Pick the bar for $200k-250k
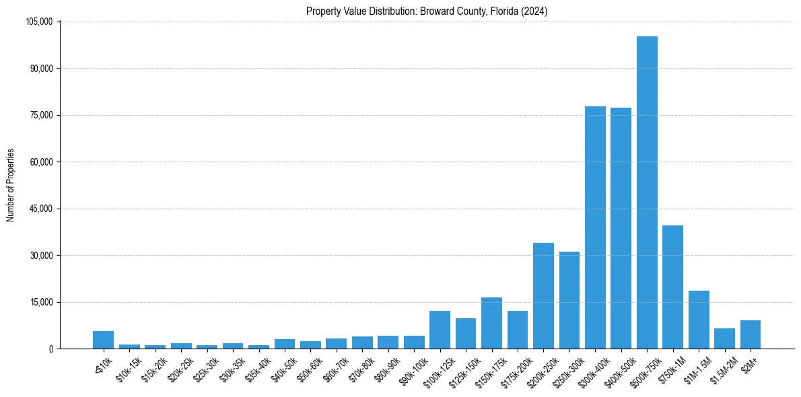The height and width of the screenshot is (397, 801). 543,296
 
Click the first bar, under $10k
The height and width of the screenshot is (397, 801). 103,340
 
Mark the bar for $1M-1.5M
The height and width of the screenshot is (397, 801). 699,320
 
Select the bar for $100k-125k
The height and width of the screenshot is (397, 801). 440,330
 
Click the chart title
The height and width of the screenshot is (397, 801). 427,11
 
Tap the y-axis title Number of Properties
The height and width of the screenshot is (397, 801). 11,185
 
